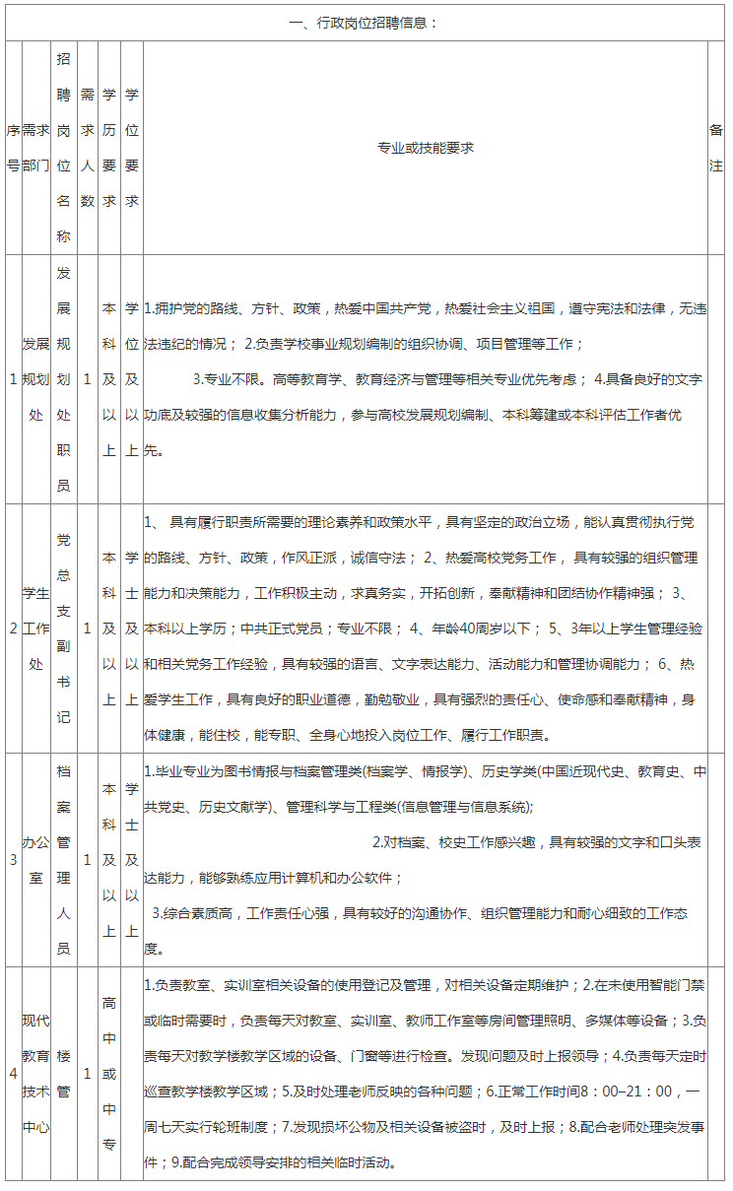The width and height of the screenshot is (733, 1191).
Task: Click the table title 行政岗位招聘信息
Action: tap(366, 23)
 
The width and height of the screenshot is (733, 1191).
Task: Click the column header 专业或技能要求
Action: tap(426, 148)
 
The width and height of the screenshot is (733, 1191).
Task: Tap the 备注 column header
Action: tap(716, 148)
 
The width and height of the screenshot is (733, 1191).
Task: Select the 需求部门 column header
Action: tap(35, 148)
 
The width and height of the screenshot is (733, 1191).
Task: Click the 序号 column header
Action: tap(13, 148)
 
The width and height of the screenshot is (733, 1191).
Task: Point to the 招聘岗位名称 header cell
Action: tap(64, 148)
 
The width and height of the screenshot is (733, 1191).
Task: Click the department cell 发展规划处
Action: tap(35, 379)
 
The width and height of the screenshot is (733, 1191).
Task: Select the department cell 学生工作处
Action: tap(35, 628)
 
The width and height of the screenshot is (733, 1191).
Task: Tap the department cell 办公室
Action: tap(35, 860)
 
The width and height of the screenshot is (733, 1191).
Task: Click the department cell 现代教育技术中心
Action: tap(35, 1073)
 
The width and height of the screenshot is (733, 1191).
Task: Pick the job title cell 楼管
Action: tap(64, 1073)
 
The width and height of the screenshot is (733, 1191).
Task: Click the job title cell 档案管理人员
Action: tap(64, 860)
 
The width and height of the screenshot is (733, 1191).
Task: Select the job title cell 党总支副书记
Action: tap(64, 628)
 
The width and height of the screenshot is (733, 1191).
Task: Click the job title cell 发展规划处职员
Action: tap(64, 379)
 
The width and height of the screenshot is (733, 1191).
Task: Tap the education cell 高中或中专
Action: tap(109, 1073)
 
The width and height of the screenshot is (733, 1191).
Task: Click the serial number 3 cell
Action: tap(13, 860)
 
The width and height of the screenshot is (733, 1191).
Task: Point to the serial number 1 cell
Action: tap(13, 379)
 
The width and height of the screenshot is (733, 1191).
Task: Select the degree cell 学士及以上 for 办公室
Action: tap(132, 860)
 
